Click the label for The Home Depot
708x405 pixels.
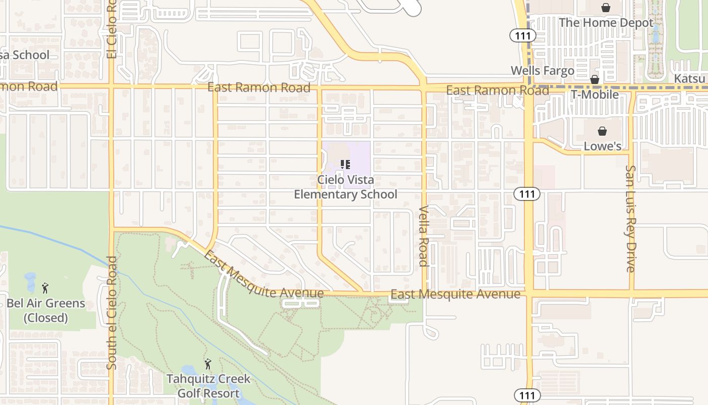click(x=595, y=23)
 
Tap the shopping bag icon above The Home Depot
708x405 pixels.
click(x=605, y=8)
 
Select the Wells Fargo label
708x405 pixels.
click(x=542, y=71)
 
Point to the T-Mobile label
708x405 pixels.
click(x=595, y=95)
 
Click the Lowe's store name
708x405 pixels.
click(x=602, y=146)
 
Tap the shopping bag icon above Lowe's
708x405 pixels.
click(x=602, y=132)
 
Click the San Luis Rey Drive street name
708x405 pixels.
click(x=631, y=219)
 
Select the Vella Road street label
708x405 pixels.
click(x=423, y=236)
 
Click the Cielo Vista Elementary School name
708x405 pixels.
click(x=346, y=187)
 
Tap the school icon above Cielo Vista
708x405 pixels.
click(x=346, y=164)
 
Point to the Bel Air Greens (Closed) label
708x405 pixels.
click(x=46, y=310)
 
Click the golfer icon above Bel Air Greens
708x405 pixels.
click(x=45, y=289)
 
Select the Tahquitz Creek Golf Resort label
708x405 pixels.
click(x=208, y=386)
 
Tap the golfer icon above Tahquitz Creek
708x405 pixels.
click(x=207, y=364)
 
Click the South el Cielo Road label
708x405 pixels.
click(x=112, y=312)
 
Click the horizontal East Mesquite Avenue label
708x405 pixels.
click(x=455, y=294)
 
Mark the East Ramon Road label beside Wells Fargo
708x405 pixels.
click(x=498, y=91)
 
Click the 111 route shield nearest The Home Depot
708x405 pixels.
click(x=519, y=35)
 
